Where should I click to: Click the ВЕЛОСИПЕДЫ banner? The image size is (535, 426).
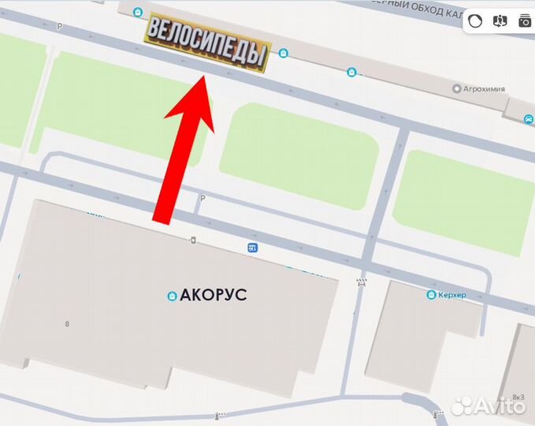[x=206, y=43]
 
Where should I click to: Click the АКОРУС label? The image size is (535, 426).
[x=214, y=295]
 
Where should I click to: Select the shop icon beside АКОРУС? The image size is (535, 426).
[x=171, y=296]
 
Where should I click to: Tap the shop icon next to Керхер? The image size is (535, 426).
[x=431, y=295]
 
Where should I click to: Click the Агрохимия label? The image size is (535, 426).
[x=484, y=89]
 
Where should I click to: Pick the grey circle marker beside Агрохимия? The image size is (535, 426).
[x=456, y=89]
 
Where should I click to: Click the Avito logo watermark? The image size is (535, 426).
[x=488, y=405]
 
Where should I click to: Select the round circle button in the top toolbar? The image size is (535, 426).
[x=474, y=21]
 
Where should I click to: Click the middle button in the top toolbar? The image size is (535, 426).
[x=500, y=21]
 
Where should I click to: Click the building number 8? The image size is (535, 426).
[x=68, y=323]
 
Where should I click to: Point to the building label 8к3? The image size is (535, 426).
[x=518, y=397]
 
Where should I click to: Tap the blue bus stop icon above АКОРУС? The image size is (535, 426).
[x=252, y=248]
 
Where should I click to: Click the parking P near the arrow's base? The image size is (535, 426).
[x=202, y=198]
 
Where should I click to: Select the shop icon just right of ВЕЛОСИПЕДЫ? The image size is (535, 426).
[x=284, y=54]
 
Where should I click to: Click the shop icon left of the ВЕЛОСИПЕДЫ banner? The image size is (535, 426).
[x=138, y=13]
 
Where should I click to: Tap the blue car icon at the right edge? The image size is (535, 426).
[x=527, y=119]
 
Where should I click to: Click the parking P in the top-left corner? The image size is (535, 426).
[x=59, y=26]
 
